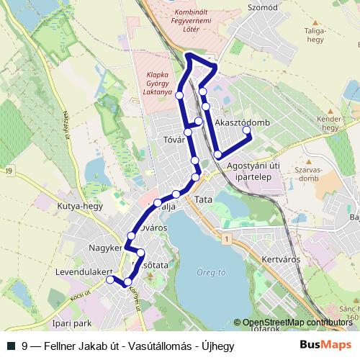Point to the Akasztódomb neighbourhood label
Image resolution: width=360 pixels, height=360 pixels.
(243, 122)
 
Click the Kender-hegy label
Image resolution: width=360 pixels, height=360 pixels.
(328, 123)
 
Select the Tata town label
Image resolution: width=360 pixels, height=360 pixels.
(204, 199)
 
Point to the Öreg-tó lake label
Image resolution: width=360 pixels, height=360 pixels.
(211, 272)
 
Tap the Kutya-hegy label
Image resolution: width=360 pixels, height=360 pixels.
(80, 207)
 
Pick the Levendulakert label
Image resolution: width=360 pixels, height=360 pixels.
(84, 272)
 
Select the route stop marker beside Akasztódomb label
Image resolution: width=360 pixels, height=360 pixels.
(246, 130)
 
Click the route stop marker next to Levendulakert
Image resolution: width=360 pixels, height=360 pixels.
(110, 280)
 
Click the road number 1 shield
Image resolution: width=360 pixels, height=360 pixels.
(225, 238)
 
